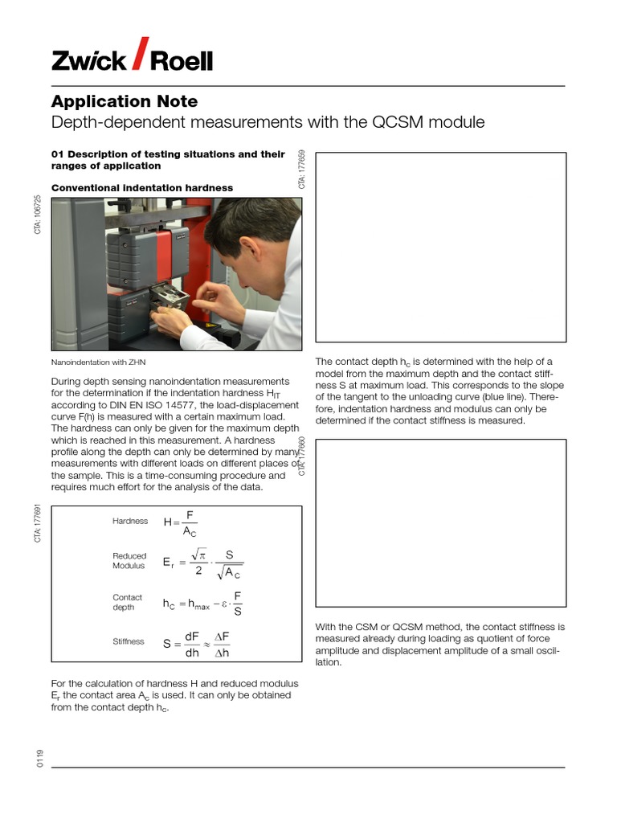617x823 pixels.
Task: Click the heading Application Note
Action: (124, 101)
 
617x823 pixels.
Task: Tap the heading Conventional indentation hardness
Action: (142, 187)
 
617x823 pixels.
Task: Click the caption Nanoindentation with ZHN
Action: (99, 362)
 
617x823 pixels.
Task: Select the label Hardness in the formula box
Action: (130, 521)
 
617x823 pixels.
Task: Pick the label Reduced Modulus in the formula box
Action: (129, 561)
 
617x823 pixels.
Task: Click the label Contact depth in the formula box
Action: (128, 603)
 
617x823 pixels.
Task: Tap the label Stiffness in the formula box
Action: (129, 641)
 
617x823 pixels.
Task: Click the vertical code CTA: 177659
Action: (302, 170)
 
